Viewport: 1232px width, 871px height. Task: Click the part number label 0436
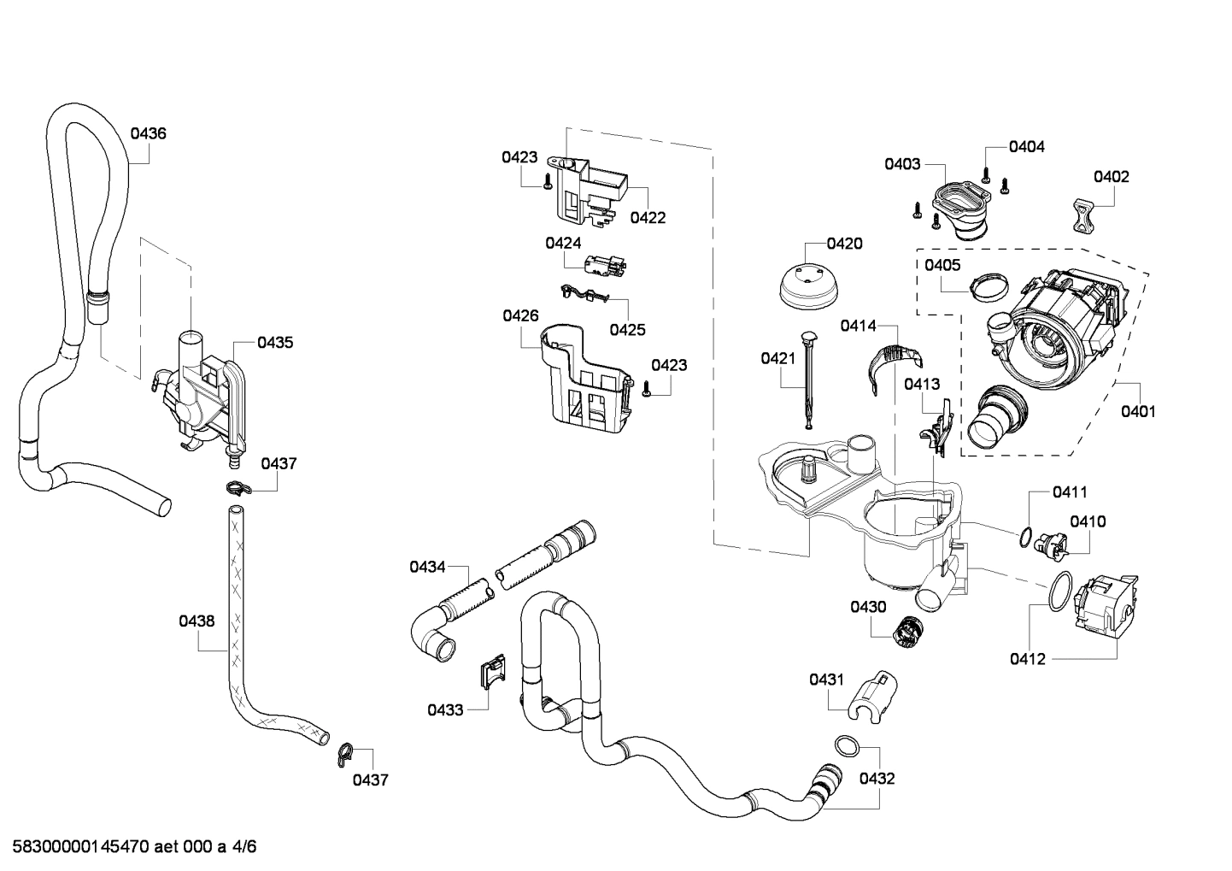tap(148, 133)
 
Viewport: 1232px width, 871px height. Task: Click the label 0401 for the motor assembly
tap(1138, 411)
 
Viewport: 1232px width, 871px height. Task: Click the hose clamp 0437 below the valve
tap(238, 490)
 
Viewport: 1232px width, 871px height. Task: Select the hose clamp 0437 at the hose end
tap(344, 750)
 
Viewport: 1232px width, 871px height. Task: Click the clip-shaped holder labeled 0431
tap(873, 697)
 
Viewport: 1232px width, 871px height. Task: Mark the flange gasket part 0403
tap(958, 205)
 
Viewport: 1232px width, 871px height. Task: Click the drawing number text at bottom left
tap(129, 847)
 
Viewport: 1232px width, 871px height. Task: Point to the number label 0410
tap(1088, 521)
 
